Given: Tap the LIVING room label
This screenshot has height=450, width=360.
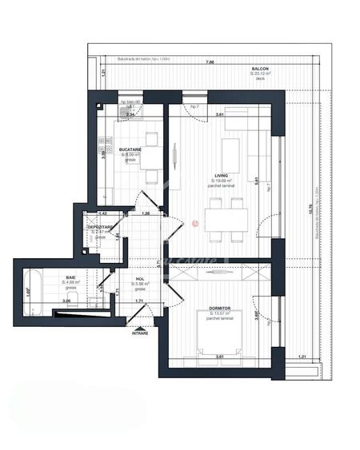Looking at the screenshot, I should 222,176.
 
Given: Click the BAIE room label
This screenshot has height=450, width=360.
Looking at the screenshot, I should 50,277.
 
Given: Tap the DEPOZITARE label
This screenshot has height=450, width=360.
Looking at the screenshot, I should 100,227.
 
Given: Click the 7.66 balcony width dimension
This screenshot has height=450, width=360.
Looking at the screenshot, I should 208,62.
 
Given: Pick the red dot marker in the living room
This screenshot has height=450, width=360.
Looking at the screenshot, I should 194,223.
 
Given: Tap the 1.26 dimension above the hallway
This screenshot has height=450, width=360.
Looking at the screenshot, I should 146,213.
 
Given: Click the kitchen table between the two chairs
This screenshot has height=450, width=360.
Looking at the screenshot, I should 152,148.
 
